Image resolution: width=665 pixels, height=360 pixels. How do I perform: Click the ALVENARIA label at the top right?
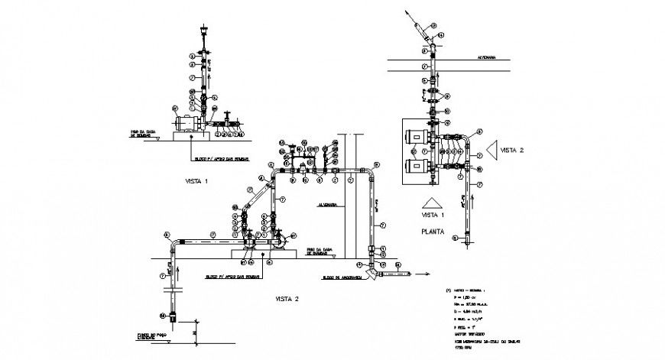click(x=488, y=57)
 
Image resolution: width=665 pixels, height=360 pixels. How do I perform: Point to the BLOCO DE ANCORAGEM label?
click(x=341, y=277)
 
